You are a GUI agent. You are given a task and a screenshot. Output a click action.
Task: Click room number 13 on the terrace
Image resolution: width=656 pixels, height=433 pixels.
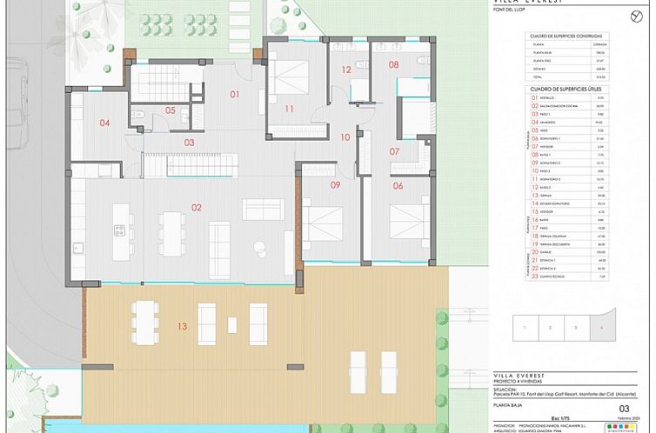181,327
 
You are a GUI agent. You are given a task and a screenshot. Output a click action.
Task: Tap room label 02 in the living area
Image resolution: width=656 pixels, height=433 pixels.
197,207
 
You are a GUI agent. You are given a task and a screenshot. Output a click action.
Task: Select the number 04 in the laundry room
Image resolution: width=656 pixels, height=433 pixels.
104,123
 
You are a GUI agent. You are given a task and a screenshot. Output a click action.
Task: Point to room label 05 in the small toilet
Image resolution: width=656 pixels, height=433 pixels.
171,110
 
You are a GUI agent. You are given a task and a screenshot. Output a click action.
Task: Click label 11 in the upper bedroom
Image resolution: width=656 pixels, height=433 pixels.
289,109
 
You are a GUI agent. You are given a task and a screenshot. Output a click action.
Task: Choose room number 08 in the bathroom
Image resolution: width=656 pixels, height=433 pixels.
393,65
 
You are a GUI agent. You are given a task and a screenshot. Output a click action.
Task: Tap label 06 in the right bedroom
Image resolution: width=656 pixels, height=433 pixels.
398,185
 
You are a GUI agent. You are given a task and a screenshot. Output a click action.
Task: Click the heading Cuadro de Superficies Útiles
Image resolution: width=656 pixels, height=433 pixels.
566,89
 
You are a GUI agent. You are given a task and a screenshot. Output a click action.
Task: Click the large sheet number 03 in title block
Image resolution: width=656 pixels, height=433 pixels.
623,408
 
